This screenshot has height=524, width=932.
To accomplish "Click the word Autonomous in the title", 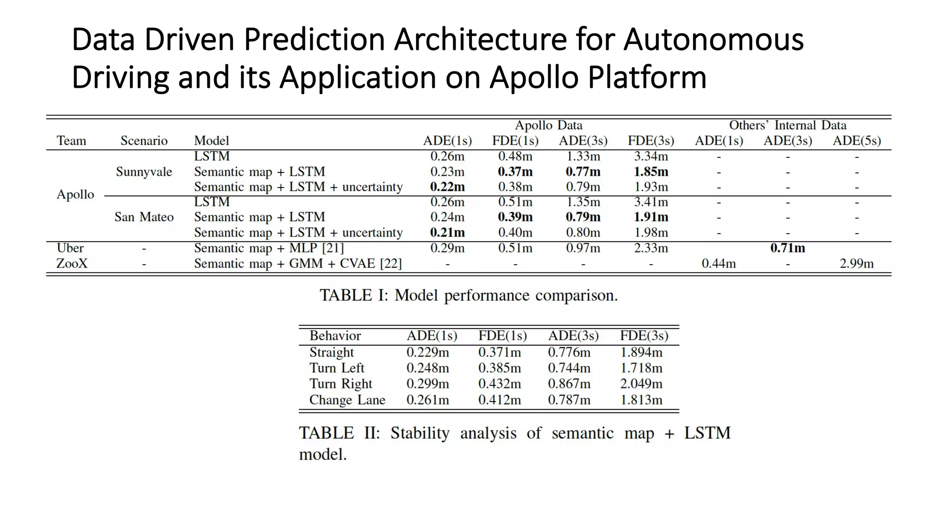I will [713, 40].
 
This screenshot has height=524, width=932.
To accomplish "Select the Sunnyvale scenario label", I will [144, 172].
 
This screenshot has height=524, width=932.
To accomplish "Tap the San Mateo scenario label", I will [144, 217].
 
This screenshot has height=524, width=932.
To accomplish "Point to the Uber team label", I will [70, 248].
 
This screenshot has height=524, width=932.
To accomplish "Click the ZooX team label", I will [71, 263].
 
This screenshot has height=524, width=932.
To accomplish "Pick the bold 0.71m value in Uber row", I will [787, 248].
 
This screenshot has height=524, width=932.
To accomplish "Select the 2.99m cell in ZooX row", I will [856, 263].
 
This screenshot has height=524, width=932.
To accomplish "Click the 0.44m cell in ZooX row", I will [719, 263].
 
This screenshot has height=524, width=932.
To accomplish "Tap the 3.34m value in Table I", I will [651, 156].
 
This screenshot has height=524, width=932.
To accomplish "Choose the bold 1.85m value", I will [651, 172].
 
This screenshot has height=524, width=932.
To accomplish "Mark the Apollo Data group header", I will [548, 125].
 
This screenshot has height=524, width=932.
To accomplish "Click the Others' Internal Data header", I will [787, 125].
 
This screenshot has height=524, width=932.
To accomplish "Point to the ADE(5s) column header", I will [856, 141].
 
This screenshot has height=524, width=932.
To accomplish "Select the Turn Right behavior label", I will [340, 384].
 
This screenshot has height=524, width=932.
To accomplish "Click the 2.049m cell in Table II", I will [641, 384].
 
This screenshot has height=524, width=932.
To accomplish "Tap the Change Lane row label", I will [347, 400].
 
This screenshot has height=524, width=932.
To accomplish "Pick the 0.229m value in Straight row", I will [427, 352].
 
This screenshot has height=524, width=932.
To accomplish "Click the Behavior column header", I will [335, 336].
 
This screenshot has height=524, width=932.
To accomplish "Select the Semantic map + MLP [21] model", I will [268, 248].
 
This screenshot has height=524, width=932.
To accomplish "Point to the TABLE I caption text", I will [468, 295].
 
